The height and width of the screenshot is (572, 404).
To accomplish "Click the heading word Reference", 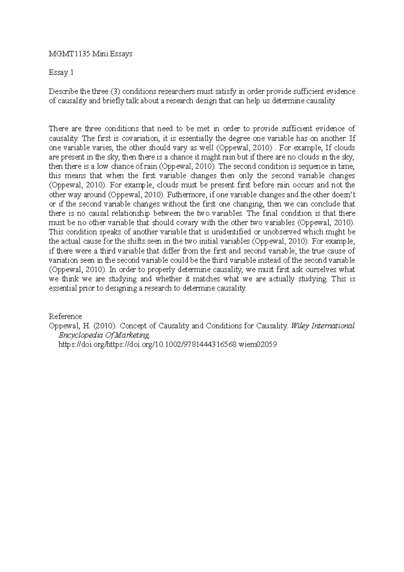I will point(65,316).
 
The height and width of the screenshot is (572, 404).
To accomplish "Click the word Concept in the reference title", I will point(132,326).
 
